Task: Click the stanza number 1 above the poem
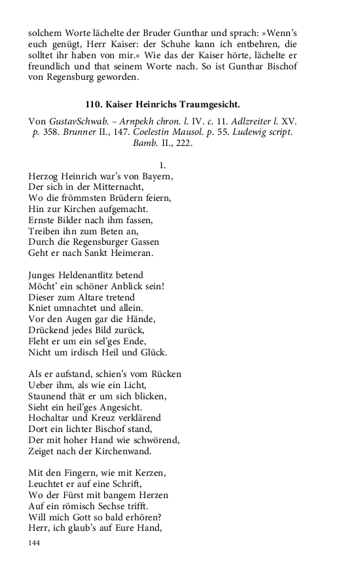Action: click(x=162, y=166)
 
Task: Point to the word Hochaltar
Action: click(x=51, y=418)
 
